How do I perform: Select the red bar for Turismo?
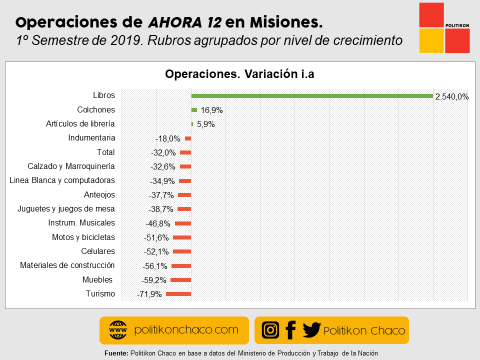178,294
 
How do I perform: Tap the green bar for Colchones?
194,110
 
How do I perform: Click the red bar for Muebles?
181,280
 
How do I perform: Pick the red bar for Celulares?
182,251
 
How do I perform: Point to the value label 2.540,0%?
451,97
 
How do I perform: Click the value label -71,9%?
149,294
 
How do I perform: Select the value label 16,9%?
211,110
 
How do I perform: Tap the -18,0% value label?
167,138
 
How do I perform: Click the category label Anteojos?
99,194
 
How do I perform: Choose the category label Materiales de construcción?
67,265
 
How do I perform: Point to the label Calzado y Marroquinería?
71,166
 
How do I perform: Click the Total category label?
105,152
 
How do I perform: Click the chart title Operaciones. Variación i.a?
239,74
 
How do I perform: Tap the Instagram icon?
270,330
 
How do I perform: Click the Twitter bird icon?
311,330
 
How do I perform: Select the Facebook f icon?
290,330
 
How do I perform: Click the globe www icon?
118,330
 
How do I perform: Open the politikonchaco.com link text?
186,330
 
